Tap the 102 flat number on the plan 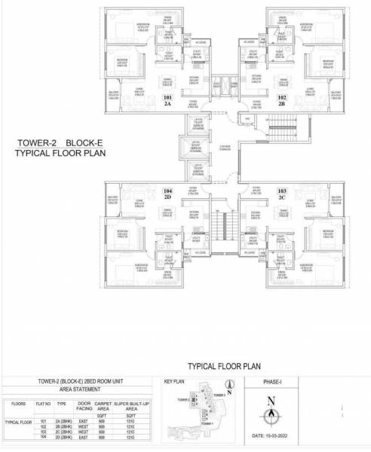[281, 98]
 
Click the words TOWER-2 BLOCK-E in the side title [58, 142]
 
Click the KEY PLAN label [175, 382]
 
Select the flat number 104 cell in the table [43, 437]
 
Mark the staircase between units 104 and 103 [219, 224]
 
